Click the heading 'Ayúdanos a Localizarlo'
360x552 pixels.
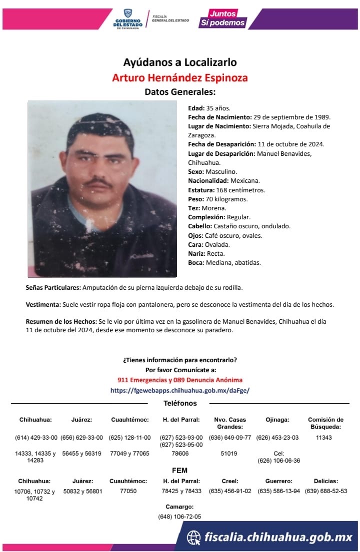pyautogui.click(x=180, y=62)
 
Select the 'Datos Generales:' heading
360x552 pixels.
pyautogui.click(x=180, y=92)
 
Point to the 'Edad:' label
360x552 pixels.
pyautogui.click(x=196, y=108)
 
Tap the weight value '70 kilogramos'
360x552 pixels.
pyautogui.click(x=226, y=199)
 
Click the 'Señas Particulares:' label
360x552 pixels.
pyautogui.click(x=53, y=288)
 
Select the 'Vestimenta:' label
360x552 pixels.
pyautogui.click(x=43, y=305)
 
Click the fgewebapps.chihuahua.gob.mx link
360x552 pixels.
pyautogui.click(x=180, y=390)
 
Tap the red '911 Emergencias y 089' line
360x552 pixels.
pyautogui.click(x=180, y=380)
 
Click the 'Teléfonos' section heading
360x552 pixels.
pyautogui.click(x=180, y=403)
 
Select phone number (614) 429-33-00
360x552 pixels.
pyautogui.click(x=36, y=438)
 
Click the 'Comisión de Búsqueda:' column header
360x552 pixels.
pyautogui.click(x=325, y=423)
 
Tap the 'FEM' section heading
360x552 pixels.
pyautogui.click(x=180, y=470)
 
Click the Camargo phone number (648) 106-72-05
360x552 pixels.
pyautogui.click(x=180, y=517)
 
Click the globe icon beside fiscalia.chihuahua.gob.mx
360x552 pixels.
pyautogui.click(x=194, y=538)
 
